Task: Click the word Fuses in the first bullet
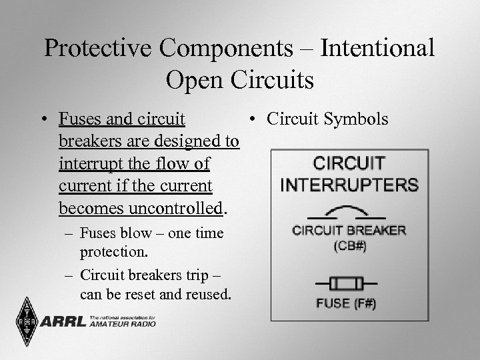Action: tap(79, 119)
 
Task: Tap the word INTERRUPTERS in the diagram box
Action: tap(349, 185)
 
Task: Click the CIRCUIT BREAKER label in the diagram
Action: tap(349, 231)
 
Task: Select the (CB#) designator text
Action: tap(349, 245)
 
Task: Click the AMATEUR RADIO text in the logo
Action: tap(123, 325)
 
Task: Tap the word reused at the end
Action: tap(207, 295)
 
